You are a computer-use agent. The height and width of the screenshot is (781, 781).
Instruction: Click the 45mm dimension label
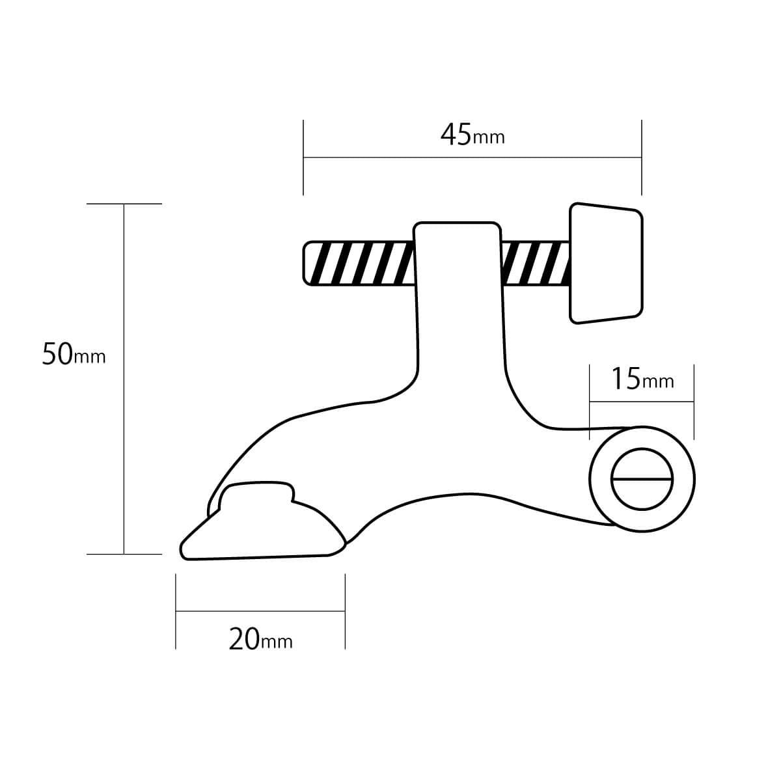click(472, 135)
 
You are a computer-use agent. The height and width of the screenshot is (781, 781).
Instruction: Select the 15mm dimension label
click(642, 378)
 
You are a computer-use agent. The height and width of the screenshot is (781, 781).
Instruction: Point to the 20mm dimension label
click(260, 640)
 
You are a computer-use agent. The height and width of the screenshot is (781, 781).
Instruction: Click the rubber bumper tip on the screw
click(606, 264)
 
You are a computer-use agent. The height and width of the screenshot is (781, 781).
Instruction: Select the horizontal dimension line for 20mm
click(260, 611)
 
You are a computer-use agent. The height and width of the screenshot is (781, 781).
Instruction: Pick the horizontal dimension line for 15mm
click(642, 402)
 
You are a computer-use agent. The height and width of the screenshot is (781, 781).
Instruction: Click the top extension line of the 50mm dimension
click(124, 204)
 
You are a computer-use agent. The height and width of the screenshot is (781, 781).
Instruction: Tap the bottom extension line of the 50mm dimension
click(124, 555)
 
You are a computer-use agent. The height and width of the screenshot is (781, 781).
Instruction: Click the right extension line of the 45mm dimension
click(642, 156)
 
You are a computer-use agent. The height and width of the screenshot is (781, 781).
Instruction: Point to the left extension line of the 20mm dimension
click(176, 612)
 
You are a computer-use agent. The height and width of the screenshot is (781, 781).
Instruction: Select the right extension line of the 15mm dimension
click(694, 402)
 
